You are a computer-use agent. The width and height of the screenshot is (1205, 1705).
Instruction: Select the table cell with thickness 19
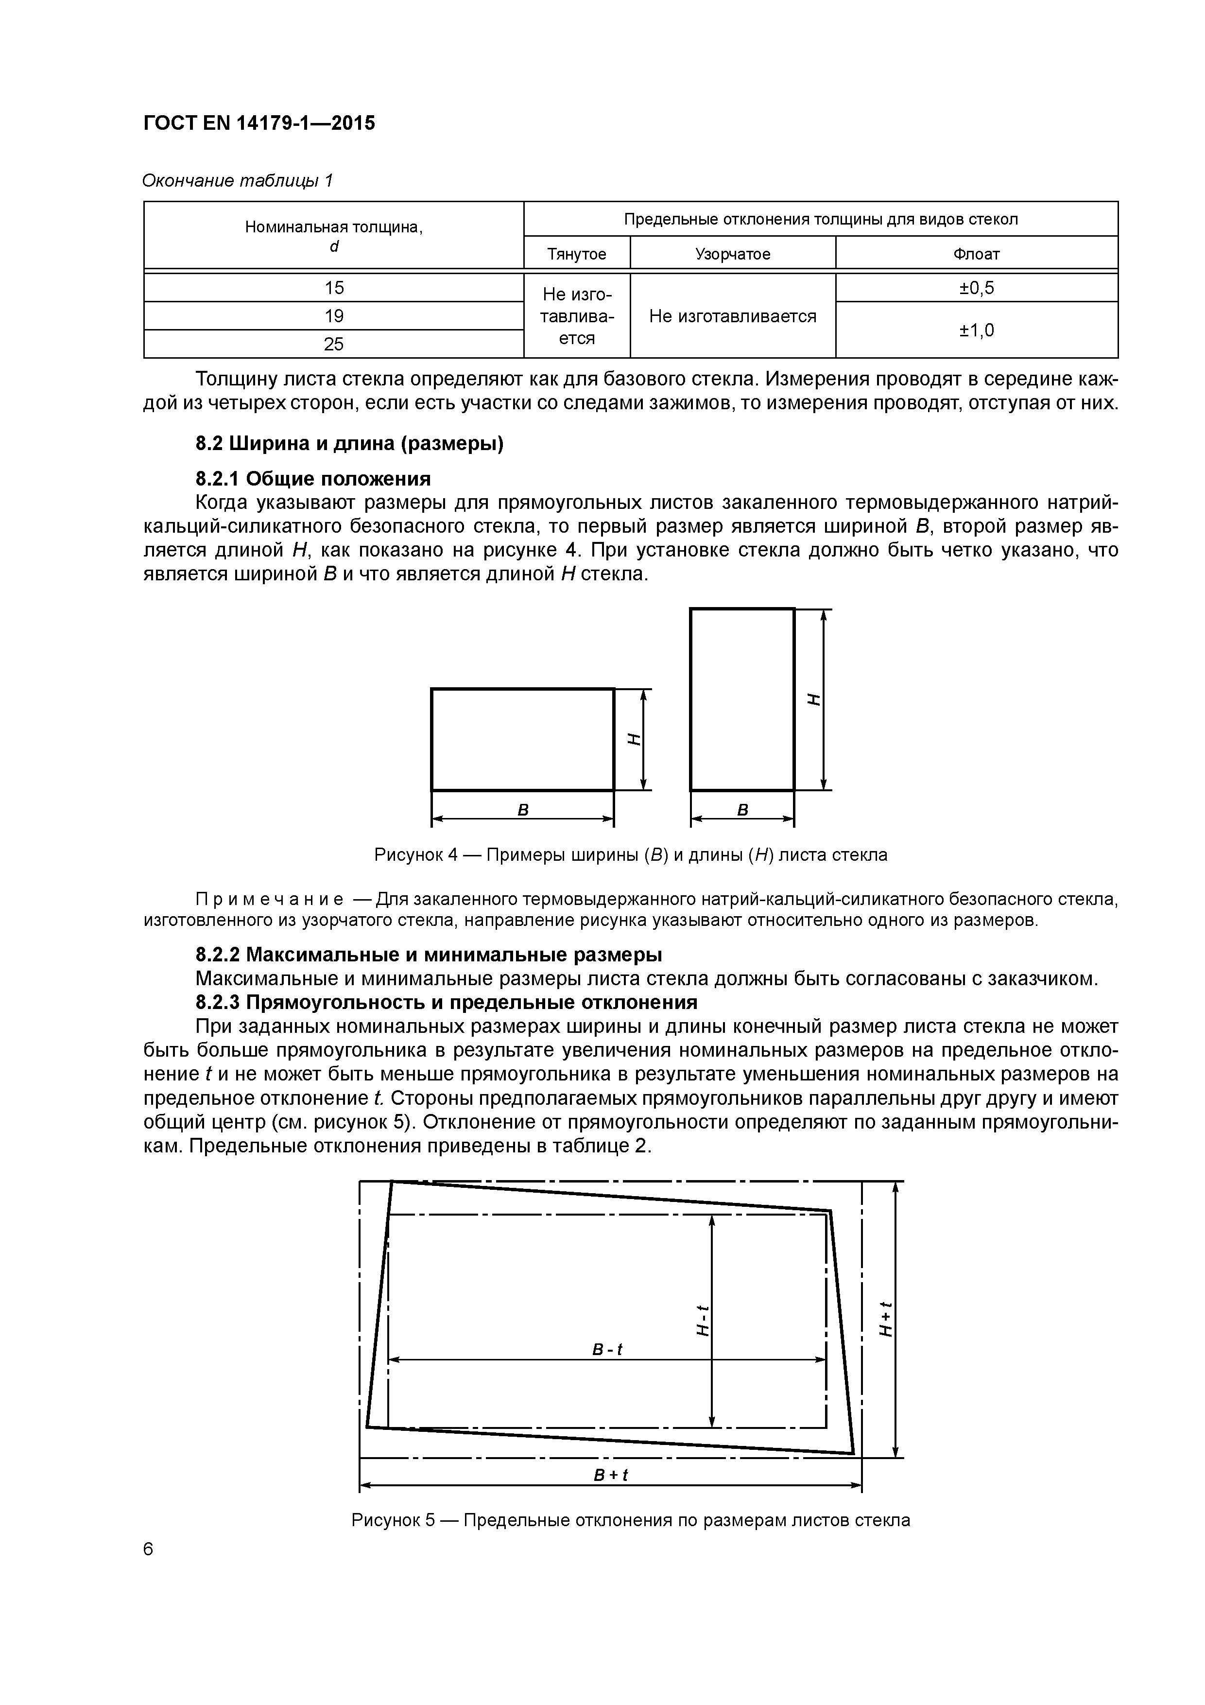334,315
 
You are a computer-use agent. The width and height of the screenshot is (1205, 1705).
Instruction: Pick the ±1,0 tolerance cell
976,330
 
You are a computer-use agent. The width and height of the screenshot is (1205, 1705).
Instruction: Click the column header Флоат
976,254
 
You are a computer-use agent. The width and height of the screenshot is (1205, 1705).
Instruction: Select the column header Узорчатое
732,254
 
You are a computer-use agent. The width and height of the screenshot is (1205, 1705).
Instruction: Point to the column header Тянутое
576,254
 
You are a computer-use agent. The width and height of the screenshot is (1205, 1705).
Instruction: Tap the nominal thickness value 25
334,344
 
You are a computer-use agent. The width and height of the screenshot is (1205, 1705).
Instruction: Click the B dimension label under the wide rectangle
523,810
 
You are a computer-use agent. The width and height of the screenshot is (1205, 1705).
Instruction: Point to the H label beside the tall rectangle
814,699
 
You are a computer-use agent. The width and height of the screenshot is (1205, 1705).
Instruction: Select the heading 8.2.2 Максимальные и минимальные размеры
429,954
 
